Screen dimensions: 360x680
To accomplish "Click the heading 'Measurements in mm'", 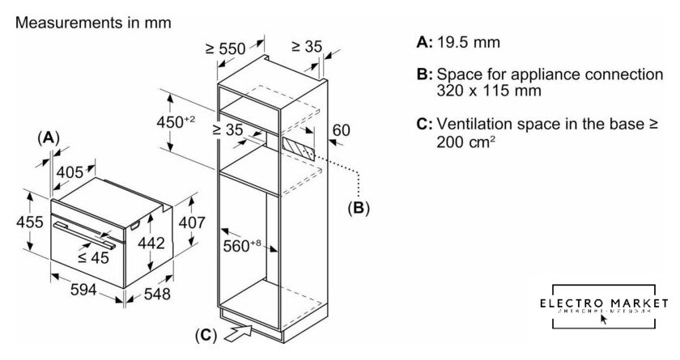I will click(93, 22).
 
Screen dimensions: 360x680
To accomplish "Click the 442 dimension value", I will click(151, 244).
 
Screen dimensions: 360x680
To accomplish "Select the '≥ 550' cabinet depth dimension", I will click(226, 48).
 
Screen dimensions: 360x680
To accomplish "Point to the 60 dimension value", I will click(342, 130).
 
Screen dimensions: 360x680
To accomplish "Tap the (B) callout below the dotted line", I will click(358, 208).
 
